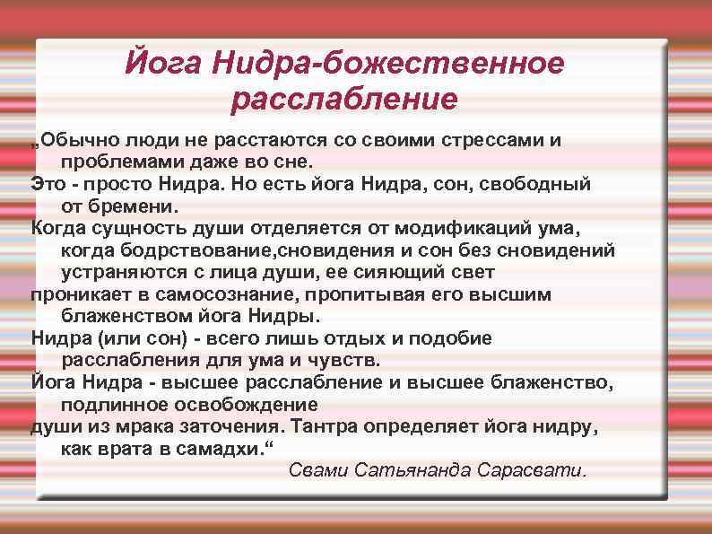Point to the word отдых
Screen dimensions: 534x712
tap(355, 337)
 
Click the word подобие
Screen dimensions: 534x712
tap(456, 337)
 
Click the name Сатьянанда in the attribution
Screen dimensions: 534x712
tap(414, 470)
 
